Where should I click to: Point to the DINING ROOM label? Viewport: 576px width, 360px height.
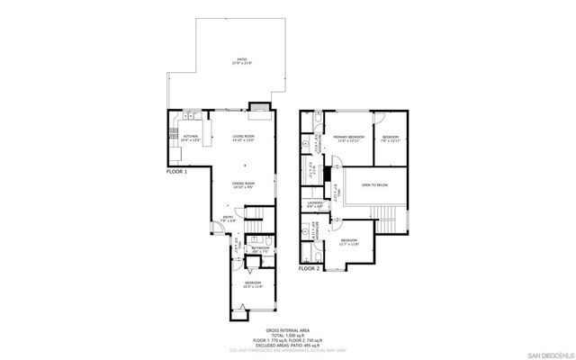[x=246, y=184]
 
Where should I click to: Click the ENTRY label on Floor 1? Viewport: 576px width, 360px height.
[x=229, y=219]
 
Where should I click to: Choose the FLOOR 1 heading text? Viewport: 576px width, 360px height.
[x=177, y=170]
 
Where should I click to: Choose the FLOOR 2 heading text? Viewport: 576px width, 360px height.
[x=310, y=268]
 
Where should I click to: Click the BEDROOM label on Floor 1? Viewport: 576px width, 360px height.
[x=247, y=285]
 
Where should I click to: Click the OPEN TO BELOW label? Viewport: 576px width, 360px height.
[x=375, y=185]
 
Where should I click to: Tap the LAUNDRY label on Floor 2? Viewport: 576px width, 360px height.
[x=315, y=204]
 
